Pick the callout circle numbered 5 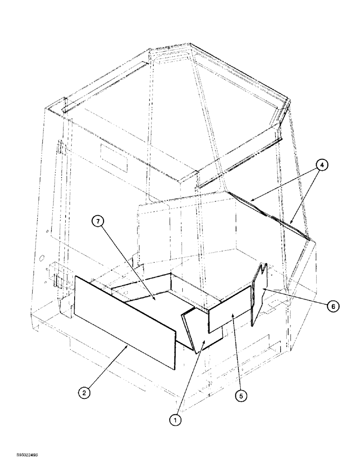coord(240,396)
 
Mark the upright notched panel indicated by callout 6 coord(258,294)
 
